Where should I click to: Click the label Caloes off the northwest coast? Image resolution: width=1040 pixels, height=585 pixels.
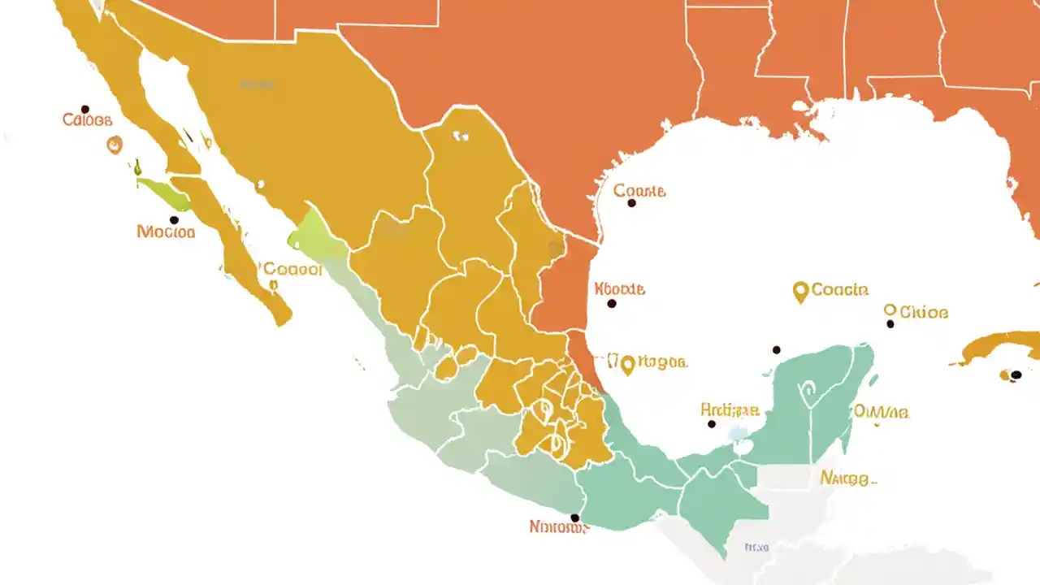pos(87,121)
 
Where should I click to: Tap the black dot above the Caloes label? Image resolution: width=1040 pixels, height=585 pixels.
pos(84,109)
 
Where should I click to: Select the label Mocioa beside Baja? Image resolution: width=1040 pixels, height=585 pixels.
pos(166,232)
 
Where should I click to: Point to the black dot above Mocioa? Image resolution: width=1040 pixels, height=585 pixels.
pos(174,220)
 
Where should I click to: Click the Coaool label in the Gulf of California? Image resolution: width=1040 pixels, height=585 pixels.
pos(292,269)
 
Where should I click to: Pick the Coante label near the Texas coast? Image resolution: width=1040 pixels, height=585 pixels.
pos(639,191)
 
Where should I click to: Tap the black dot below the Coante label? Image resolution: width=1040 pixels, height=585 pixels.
pos(631,203)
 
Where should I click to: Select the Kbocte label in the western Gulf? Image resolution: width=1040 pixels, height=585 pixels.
pos(620,288)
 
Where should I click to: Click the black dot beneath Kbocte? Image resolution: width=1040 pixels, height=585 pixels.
pos(612,304)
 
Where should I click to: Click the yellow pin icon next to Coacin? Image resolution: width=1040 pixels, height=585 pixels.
pos(800,291)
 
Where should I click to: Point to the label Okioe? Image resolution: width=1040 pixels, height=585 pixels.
pos(923,312)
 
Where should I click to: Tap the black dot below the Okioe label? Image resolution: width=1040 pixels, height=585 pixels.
pos(890,324)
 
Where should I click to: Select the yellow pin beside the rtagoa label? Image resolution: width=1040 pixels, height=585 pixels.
pos(626,365)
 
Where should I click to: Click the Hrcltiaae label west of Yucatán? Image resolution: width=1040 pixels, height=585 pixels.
pos(730,410)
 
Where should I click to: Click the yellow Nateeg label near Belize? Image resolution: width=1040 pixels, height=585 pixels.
pos(847,478)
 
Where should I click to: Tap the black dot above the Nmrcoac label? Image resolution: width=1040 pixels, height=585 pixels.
pos(575,518)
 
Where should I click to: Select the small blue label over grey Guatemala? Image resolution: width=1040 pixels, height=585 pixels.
pos(756,548)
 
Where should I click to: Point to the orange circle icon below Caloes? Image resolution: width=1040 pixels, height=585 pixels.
pos(115,145)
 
